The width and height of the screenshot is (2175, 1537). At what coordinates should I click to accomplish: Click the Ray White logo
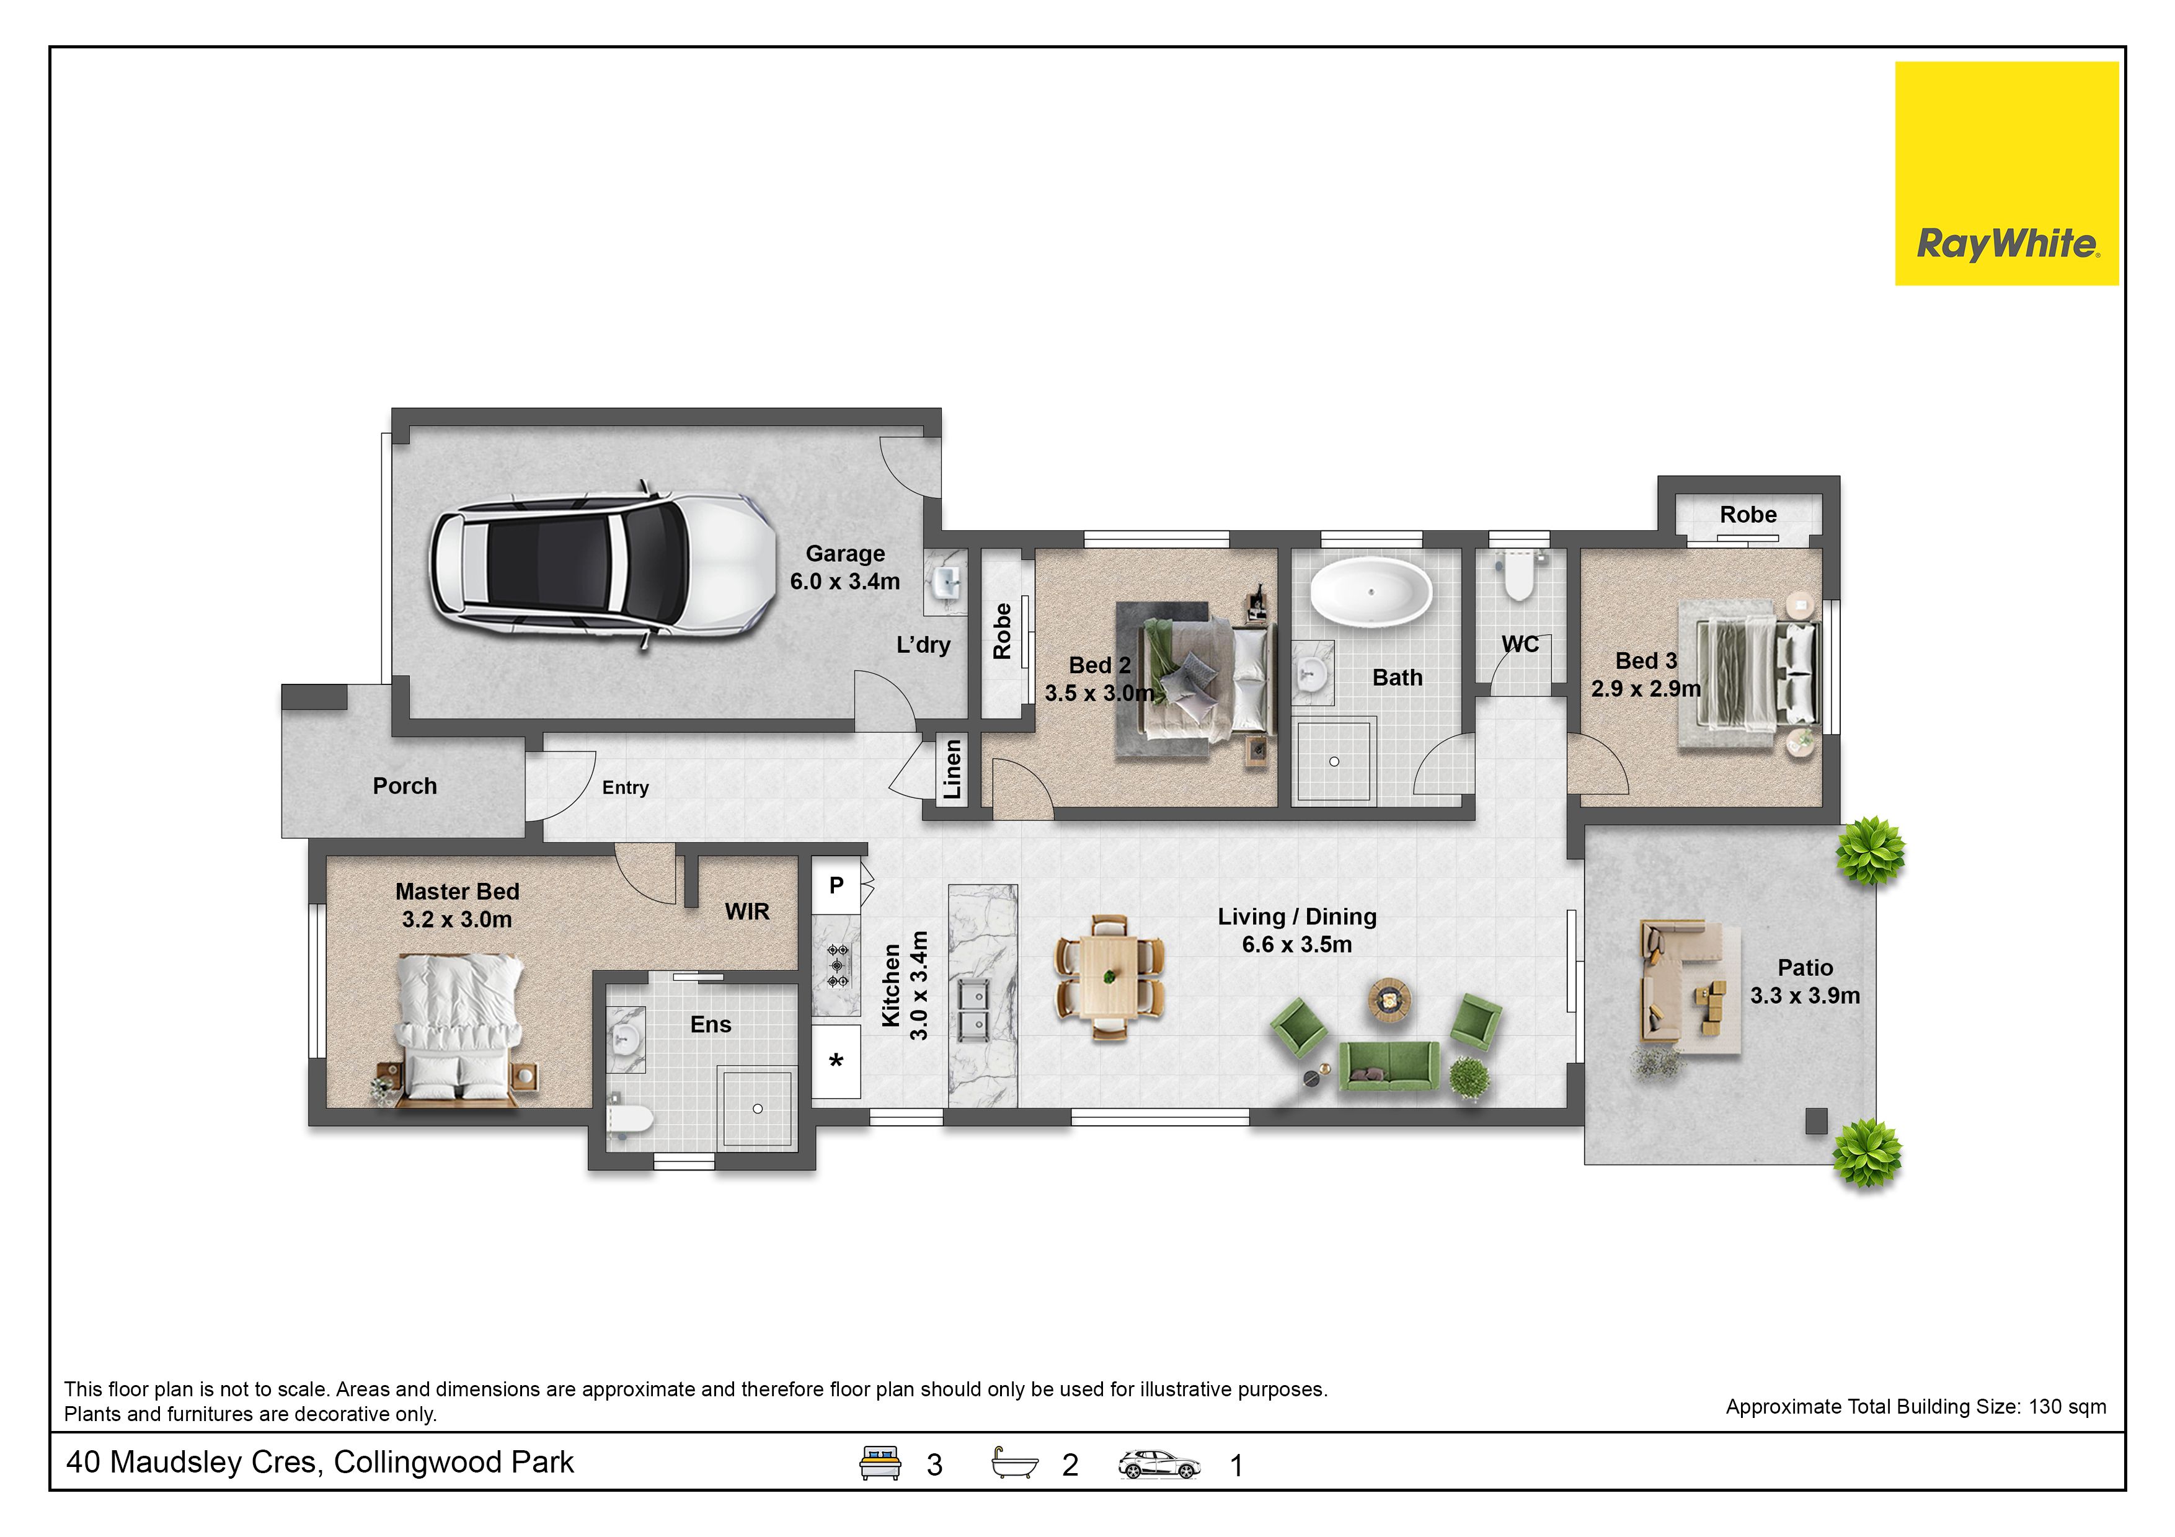2006,174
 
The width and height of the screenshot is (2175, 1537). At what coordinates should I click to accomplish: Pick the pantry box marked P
836,885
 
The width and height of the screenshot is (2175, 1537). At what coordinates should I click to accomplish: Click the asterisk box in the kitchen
836,1061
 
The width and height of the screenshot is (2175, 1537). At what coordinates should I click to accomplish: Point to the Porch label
404,786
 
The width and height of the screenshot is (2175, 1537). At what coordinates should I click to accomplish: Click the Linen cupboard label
952,769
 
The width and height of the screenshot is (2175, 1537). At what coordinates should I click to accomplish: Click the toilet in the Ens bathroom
630,1120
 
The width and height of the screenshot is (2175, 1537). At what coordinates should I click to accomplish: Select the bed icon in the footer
880,1463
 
